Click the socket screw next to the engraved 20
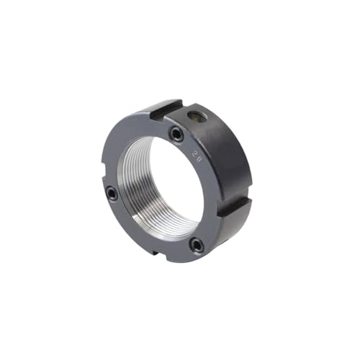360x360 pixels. click(176, 134)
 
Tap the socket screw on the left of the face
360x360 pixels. click(111, 193)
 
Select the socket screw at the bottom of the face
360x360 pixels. click(196, 246)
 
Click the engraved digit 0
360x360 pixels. click(199, 161)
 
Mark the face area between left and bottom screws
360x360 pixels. click(141, 231)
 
